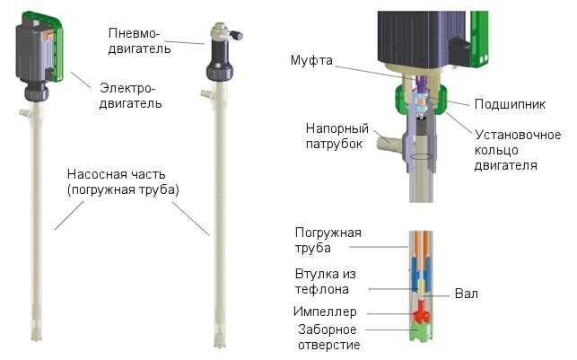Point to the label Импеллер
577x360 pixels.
pos(324,312)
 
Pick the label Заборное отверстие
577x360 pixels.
pos(329,337)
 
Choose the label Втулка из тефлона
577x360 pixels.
pos(323,281)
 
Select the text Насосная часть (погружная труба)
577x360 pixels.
pos(122,182)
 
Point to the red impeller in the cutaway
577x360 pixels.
pos(421,315)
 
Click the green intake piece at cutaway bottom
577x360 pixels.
pos(421,337)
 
